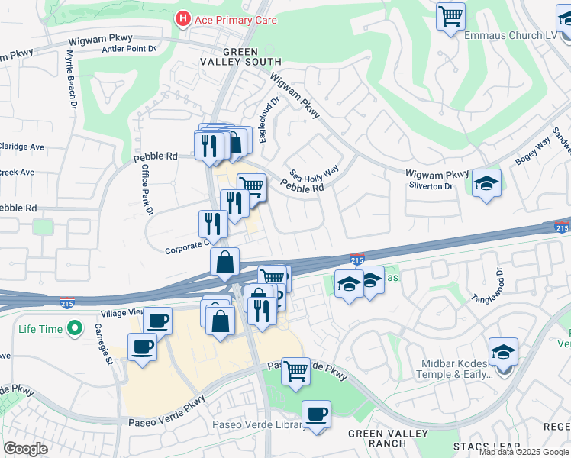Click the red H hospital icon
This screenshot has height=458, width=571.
[x=183, y=19]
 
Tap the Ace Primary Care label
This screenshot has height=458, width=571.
[x=235, y=19]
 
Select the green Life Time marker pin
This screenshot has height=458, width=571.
[x=74, y=329]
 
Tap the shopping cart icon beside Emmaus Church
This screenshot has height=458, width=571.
[x=450, y=16]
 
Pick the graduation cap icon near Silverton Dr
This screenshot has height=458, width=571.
[x=486, y=185]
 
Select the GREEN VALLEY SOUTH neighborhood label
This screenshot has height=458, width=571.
[x=240, y=56]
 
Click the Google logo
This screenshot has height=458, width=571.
[x=26, y=449]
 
